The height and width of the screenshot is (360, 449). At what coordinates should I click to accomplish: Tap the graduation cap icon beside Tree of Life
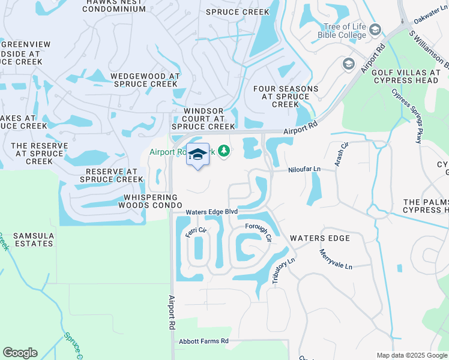pos(375,30)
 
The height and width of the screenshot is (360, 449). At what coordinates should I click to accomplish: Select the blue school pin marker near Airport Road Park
pos(197,155)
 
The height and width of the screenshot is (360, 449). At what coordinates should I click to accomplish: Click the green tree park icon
pos(224,150)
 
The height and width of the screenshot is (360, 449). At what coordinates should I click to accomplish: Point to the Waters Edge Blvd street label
pos(211,212)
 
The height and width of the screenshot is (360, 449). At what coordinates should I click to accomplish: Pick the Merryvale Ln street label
pos(336,259)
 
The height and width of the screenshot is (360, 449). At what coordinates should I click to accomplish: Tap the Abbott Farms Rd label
pos(204,341)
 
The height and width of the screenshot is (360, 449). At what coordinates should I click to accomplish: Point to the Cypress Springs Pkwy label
pos(406,116)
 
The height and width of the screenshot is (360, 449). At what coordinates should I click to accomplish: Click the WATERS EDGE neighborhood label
pos(319,238)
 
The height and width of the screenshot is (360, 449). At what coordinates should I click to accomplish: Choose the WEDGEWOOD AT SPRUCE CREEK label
pos(145,80)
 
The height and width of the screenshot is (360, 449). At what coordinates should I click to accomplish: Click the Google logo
pos(20,353)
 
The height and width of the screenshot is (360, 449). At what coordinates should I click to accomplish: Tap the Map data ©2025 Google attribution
pos(411,355)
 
